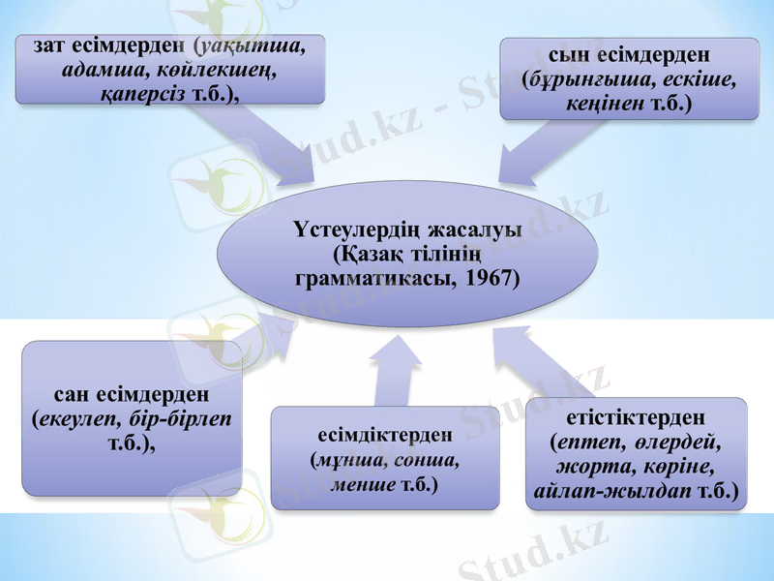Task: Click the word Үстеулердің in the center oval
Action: (356, 230)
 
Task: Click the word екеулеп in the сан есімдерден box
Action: (77, 419)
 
